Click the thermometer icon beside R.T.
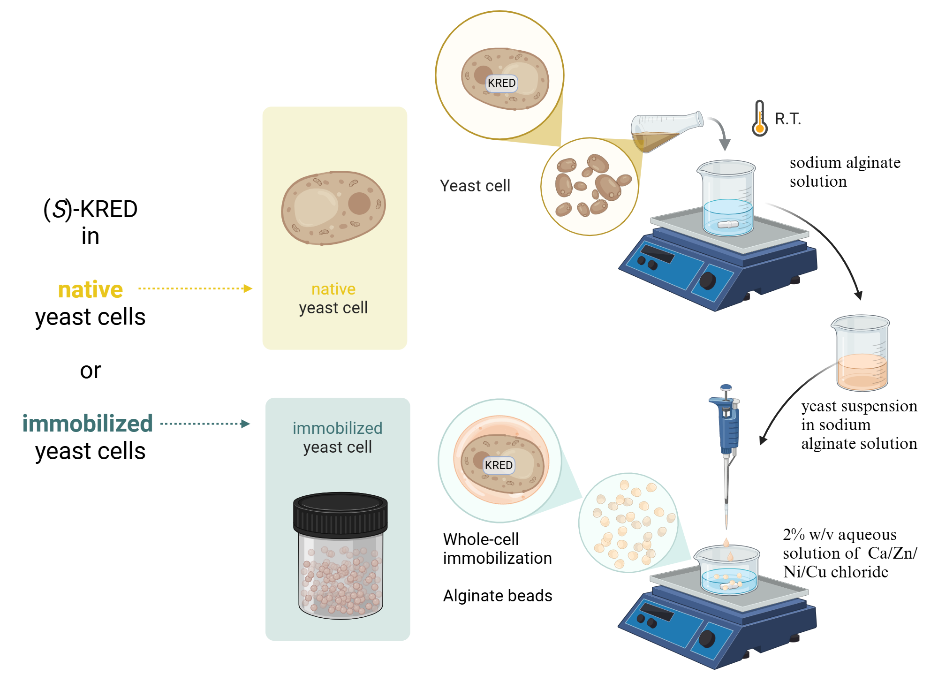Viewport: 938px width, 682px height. click(759, 119)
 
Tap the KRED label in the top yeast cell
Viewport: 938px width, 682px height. click(501, 83)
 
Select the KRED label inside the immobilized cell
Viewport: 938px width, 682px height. click(499, 465)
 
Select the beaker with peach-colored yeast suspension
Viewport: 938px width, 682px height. click(862, 354)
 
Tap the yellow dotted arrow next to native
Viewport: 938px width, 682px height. click(195, 288)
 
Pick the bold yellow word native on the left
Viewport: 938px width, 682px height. click(91, 290)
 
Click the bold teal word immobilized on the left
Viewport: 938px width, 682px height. click(88, 424)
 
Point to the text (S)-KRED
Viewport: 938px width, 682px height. click(91, 209)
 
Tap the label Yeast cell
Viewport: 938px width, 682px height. click(475, 186)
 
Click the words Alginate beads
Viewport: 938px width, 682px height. click(498, 596)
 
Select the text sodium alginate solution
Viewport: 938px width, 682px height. click(844, 172)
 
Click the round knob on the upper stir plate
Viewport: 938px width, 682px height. click(707, 281)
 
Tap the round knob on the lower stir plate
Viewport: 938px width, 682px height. click(707, 638)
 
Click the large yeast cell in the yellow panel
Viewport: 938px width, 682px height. click(333, 208)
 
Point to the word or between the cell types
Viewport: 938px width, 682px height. click(91, 371)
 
